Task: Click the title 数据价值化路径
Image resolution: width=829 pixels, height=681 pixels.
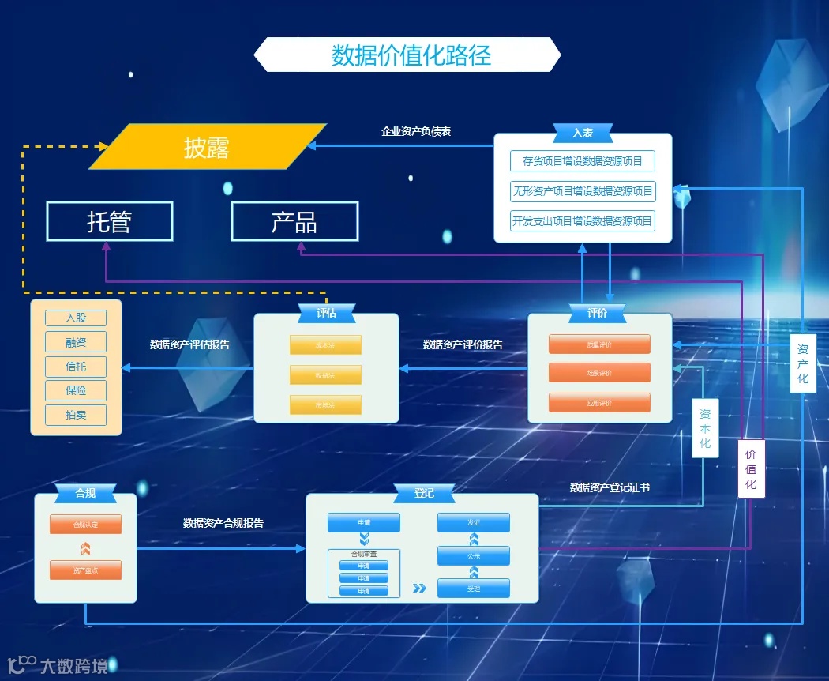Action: click(x=411, y=55)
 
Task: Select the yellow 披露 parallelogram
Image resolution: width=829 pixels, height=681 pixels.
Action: click(x=207, y=147)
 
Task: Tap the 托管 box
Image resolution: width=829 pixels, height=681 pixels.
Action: click(x=109, y=222)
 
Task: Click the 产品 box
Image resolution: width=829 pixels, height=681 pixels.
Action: click(x=294, y=222)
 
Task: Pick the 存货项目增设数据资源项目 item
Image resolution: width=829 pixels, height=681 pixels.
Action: click(x=583, y=161)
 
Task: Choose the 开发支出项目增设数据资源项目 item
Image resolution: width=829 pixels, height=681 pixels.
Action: click(x=583, y=221)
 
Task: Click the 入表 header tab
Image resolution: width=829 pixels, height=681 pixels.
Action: click(x=583, y=133)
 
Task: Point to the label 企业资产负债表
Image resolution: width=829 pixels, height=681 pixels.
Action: click(x=416, y=132)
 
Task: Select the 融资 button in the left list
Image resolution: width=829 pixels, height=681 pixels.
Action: click(x=76, y=342)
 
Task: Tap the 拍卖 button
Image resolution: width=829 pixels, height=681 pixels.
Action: click(x=76, y=415)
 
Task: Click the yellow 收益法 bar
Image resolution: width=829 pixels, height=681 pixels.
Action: click(x=325, y=375)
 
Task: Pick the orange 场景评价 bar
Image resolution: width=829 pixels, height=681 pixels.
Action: click(x=599, y=373)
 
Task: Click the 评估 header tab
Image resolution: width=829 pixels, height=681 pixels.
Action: click(x=326, y=313)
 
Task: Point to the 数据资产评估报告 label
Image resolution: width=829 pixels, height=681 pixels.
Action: click(x=190, y=344)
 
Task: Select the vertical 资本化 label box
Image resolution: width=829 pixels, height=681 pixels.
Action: click(x=705, y=428)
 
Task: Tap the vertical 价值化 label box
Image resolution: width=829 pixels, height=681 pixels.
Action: click(x=751, y=468)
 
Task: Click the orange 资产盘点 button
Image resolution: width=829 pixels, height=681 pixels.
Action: click(x=85, y=570)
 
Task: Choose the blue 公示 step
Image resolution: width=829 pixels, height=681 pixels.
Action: click(x=474, y=556)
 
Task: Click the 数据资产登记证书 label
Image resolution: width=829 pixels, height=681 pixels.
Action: click(x=610, y=488)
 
